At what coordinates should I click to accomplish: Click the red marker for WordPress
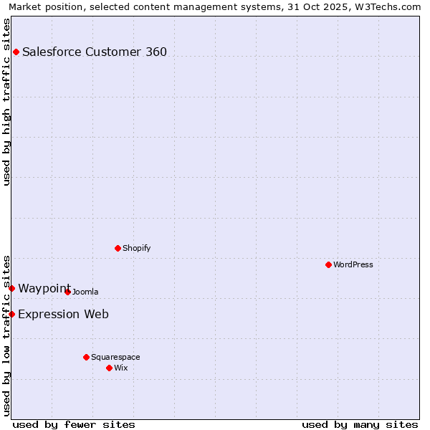tap(329, 264)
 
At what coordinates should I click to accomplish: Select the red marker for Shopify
tap(118, 248)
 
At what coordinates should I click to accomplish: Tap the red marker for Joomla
tap(68, 292)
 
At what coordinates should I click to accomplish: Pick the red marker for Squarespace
tap(87, 357)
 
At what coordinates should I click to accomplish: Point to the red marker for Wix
tap(110, 368)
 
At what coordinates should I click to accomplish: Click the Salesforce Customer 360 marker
tap(16, 52)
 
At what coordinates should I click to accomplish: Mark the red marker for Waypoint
tap(12, 288)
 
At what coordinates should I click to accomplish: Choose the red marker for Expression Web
tap(12, 314)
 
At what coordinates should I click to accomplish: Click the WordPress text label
tap(353, 264)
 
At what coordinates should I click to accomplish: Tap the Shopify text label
tap(136, 248)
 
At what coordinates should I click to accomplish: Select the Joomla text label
tap(85, 292)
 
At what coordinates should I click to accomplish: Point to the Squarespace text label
tap(115, 357)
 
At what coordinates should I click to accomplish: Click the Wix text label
tap(121, 368)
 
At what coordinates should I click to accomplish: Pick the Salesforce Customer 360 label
tap(95, 52)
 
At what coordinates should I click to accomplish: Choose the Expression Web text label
tap(63, 314)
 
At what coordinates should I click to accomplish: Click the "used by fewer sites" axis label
tap(74, 424)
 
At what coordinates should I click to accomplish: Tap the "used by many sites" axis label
tap(360, 424)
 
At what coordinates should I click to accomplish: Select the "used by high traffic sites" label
tap(6, 102)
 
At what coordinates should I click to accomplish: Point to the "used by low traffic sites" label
tap(6, 335)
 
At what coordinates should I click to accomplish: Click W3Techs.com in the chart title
tap(386, 6)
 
